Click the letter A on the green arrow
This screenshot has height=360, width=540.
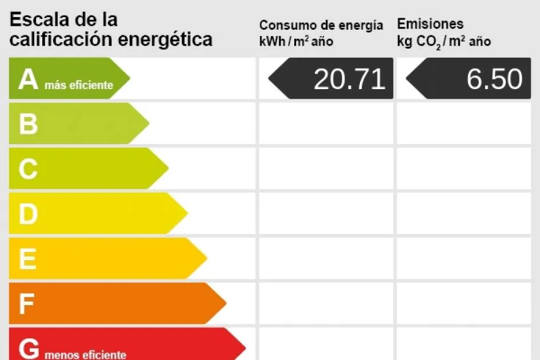pyautogui.click(x=28, y=79)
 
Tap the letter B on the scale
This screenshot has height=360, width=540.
pyautogui.click(x=28, y=124)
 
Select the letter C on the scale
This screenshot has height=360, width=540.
pyautogui.click(x=28, y=169)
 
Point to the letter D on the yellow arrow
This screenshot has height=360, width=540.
pyautogui.click(x=28, y=214)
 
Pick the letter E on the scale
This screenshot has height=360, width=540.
pyautogui.click(x=27, y=259)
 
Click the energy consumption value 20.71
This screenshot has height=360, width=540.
pyautogui.click(x=349, y=79)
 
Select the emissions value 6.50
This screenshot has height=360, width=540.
pyautogui.click(x=494, y=79)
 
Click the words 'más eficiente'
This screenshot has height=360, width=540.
pyautogui.click(x=79, y=86)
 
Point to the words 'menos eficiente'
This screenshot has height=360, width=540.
pyautogui.click(x=85, y=355)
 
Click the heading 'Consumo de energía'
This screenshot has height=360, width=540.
pyautogui.click(x=321, y=25)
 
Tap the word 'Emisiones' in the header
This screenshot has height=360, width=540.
pyautogui.click(x=430, y=24)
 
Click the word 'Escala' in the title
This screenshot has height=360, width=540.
pyautogui.click(x=38, y=19)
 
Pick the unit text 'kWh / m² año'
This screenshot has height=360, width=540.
pyautogui.click(x=296, y=41)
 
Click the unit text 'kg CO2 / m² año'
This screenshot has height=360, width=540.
pyautogui.click(x=444, y=41)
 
